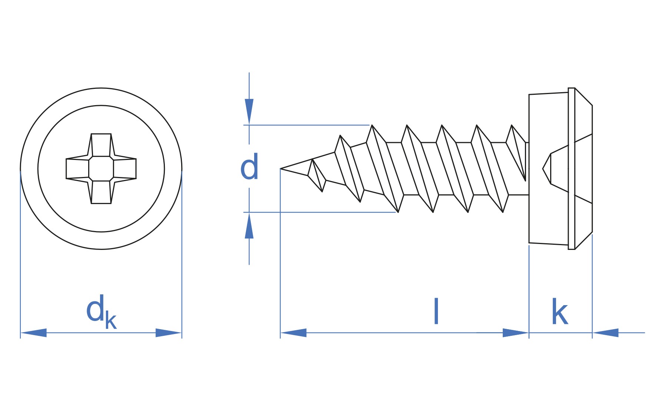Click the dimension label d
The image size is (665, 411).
[x=249, y=167]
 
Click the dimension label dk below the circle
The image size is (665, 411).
[x=101, y=312]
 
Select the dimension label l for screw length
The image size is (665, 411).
[x=436, y=311]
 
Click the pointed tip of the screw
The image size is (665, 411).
[x=281, y=168]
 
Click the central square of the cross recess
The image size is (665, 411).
[x=101, y=168]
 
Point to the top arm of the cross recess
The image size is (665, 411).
[x=101, y=145]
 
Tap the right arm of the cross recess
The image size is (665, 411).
[x=125, y=168]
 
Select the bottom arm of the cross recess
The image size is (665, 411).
[x=101, y=192]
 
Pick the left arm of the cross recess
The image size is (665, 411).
[x=77, y=168]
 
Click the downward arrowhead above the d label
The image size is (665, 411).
[x=249, y=111]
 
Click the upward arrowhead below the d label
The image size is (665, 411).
[x=249, y=225]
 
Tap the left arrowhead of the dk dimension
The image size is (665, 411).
[x=34, y=333]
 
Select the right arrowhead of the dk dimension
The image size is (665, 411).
[x=169, y=333]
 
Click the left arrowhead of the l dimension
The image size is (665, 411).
[x=293, y=333]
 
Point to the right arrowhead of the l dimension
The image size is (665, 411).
[x=516, y=333]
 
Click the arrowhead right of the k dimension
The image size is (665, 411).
[x=605, y=333]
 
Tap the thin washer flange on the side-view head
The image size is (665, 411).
[x=571, y=168]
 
